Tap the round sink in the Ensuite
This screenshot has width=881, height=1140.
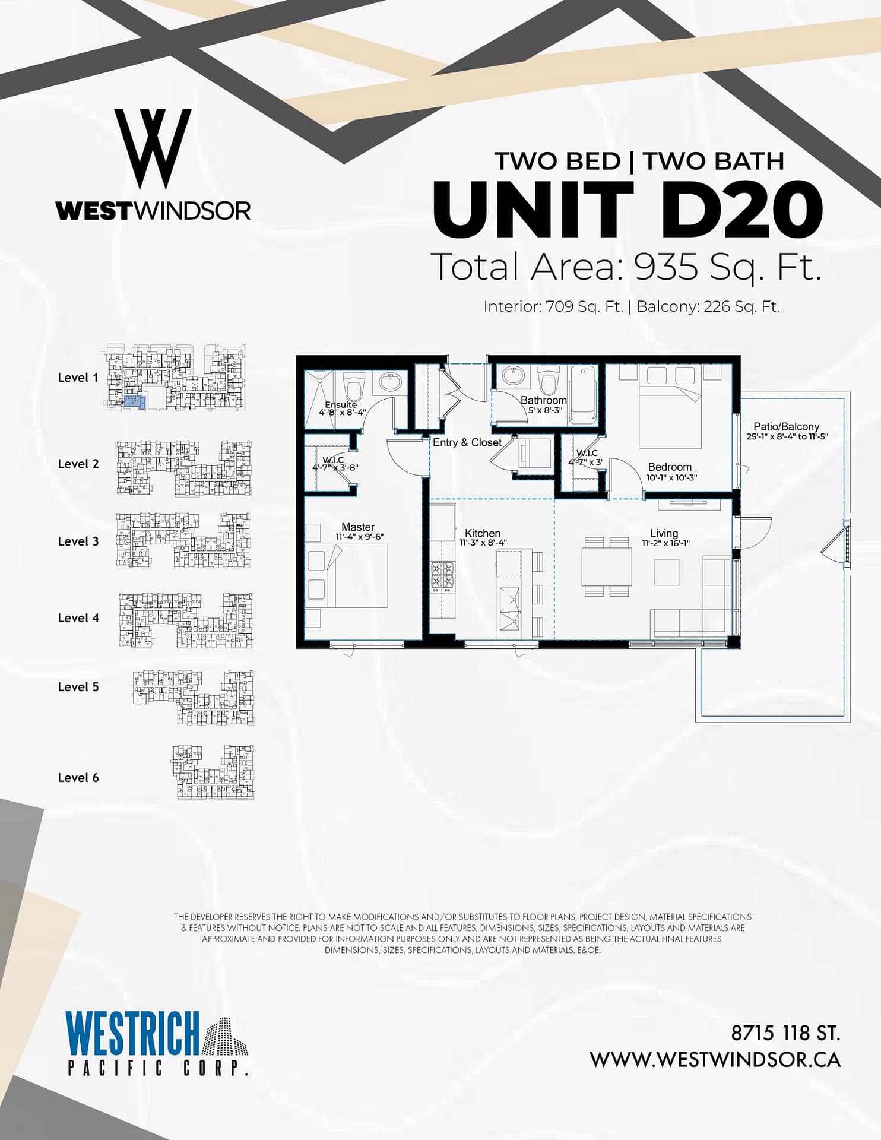pyautogui.click(x=389, y=383)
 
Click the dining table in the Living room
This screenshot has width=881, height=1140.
pyautogui.click(x=606, y=566)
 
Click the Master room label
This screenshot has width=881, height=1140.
pyautogui.click(x=358, y=527)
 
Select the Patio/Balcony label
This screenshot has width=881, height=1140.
pyautogui.click(x=787, y=426)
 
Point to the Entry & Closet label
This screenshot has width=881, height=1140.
pyautogui.click(x=467, y=442)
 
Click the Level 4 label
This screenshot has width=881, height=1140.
pyautogui.click(x=78, y=618)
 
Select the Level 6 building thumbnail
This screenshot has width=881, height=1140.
pyautogui.click(x=213, y=772)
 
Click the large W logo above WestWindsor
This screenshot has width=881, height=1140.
pyautogui.click(x=153, y=149)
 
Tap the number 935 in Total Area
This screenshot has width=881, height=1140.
pyautogui.click(x=666, y=267)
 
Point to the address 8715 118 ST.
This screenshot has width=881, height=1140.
pyautogui.click(x=785, y=1034)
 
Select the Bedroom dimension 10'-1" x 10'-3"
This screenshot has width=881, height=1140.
pyautogui.click(x=671, y=477)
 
